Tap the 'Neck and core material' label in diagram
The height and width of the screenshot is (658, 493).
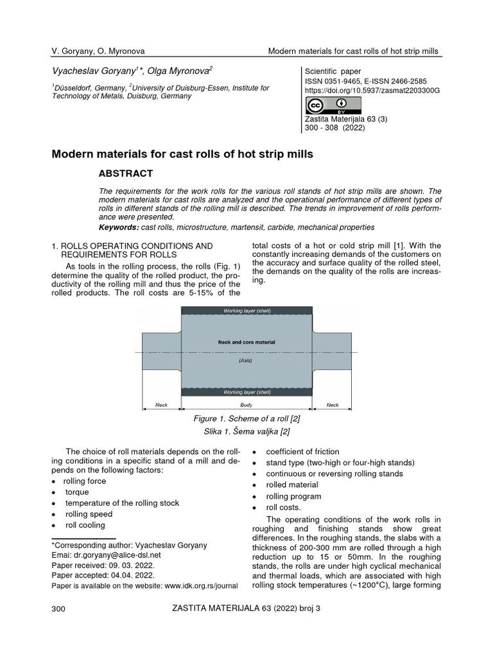pyautogui.click(x=247, y=342)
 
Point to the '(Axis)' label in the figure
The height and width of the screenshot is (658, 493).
pyautogui.click(x=246, y=361)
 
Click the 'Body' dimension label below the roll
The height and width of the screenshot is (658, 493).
pyautogui.click(x=246, y=405)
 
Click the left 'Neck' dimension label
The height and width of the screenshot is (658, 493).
pyautogui.click(x=161, y=405)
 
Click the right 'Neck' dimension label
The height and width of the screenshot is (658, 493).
pyautogui.click(x=333, y=405)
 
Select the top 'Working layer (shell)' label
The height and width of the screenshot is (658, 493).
pyautogui.click(x=247, y=310)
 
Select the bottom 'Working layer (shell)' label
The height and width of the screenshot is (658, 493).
pyautogui.click(x=247, y=391)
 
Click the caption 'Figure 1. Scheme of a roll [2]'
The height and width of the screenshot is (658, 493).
pyautogui.click(x=246, y=418)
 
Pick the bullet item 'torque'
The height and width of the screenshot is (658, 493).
pyautogui.click(x=76, y=492)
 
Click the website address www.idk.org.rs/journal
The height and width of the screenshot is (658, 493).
pyautogui.click(x=201, y=586)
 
